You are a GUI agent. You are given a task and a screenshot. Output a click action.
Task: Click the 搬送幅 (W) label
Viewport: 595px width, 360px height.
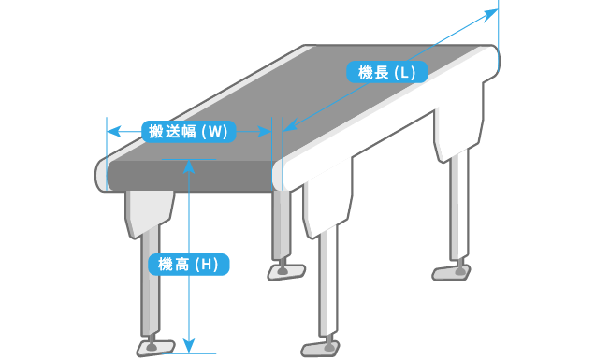pos(189,132)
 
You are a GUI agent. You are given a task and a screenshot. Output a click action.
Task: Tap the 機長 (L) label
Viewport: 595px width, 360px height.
pos(387,72)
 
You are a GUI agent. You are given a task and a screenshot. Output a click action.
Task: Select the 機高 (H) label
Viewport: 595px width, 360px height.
pos(189,265)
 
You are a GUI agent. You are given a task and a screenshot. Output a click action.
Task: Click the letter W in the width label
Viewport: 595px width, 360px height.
pos(214,132)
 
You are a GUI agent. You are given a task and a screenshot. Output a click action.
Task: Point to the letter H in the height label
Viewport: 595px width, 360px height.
pos(207,265)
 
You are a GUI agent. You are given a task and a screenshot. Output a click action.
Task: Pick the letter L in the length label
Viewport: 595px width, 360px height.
pos(405,72)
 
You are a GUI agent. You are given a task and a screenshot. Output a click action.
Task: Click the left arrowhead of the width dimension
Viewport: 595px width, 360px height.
pos(113,132)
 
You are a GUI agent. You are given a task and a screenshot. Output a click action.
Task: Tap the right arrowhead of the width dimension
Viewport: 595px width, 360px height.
pos(265,132)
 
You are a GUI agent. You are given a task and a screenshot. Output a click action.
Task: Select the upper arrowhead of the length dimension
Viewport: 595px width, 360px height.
pos(490,15)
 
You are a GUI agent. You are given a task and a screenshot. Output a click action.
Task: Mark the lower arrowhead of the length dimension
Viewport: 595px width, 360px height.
pos(290,125)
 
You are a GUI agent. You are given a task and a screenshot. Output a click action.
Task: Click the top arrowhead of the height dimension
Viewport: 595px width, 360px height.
pos(189,167)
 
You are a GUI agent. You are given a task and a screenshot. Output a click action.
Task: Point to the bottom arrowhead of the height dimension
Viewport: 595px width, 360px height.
pos(189,346)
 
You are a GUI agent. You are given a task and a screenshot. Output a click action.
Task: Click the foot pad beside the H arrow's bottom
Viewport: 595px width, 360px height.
pos(155,348)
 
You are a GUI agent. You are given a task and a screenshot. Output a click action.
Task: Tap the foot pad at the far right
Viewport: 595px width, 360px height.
pos(452,273)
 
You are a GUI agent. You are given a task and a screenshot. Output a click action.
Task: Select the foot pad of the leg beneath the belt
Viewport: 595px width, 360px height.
pos(286,272)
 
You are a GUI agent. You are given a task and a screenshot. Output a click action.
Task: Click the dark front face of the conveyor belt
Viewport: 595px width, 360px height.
pos(190,176)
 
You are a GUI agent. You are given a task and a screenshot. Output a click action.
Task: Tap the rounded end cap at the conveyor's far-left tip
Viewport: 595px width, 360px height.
pos(100,175)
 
